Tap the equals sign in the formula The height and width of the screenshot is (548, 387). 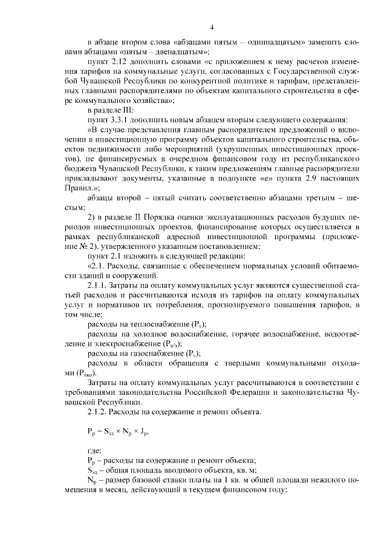[x=100, y=433]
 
